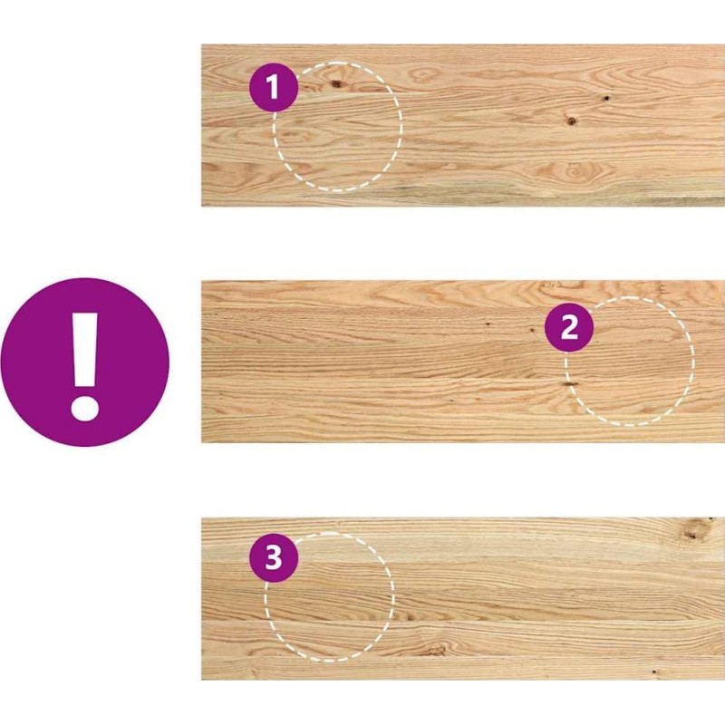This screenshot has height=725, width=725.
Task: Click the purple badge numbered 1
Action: tap(274, 87)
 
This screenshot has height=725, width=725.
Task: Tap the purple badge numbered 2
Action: tap(569, 327)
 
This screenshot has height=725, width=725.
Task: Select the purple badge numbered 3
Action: tap(274, 557)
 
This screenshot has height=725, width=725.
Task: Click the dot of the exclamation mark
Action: tap(84, 408)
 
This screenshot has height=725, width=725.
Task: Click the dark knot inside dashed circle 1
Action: tap(337, 83)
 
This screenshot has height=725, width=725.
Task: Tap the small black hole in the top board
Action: tap(605, 98)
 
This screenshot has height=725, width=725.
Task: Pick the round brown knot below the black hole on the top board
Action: tap(572, 121)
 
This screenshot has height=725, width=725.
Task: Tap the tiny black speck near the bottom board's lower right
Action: tap(653, 672)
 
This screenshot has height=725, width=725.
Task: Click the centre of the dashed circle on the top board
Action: tap(337, 126)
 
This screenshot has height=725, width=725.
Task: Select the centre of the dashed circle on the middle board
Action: tap(629, 361)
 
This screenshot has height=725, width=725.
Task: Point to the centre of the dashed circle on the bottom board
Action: tap(330, 597)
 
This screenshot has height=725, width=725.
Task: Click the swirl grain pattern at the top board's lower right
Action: tap(575, 171)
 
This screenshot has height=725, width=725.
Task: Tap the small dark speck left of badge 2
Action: tap(488, 324)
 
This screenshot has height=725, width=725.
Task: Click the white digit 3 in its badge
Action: tap(274, 557)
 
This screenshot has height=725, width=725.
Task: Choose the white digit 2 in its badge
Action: tap(569, 327)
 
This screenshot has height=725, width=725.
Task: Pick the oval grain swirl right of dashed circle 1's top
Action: tap(423, 74)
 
